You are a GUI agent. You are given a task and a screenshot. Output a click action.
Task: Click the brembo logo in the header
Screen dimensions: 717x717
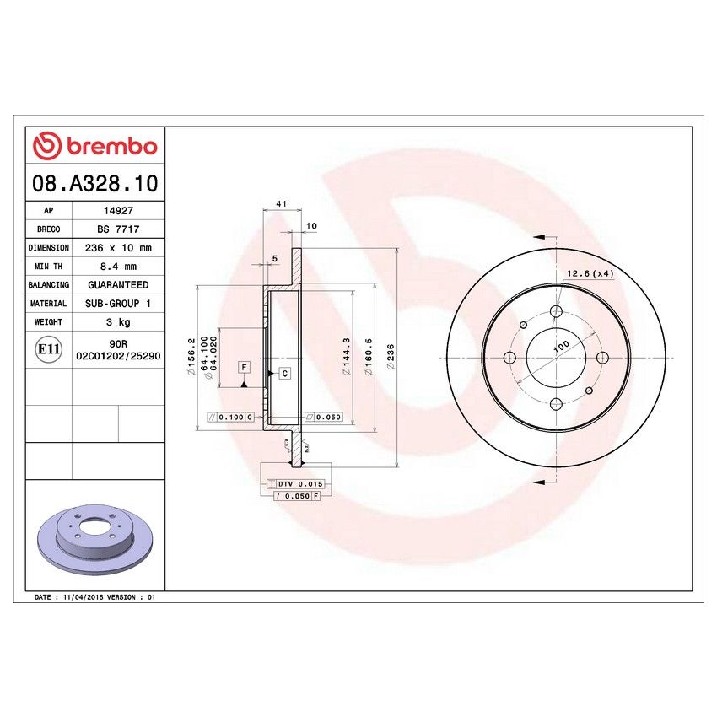pos(94,147)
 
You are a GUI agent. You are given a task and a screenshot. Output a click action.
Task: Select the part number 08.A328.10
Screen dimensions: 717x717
pos(94,182)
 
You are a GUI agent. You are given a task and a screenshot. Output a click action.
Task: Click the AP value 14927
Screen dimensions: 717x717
pos(117,213)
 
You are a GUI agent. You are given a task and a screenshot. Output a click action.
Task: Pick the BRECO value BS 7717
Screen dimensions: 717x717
pos(117,230)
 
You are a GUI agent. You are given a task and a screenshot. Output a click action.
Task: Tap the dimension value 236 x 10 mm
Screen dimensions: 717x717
pos(117,249)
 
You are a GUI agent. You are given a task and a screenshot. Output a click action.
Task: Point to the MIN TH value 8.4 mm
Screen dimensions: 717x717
pos(117,267)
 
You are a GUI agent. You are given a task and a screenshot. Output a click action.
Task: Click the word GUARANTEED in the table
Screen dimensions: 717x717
pos(117,285)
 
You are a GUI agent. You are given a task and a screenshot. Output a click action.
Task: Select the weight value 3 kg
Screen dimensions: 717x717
pos(117,321)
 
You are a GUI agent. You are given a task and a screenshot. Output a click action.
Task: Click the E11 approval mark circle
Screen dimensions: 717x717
pos(48,349)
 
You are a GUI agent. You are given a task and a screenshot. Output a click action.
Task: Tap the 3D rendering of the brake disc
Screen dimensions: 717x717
pos(94,541)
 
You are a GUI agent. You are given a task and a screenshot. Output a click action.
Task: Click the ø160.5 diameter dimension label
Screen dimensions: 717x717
pos(368,357)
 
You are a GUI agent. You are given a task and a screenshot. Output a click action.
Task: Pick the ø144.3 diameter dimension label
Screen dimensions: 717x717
pos(347,355)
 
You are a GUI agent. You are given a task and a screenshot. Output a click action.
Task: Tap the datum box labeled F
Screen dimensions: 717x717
pos(244,367)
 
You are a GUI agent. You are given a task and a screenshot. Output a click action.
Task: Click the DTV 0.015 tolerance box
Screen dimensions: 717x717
pos(295,483)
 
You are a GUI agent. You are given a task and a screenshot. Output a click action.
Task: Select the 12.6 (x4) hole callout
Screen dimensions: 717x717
pos(588,274)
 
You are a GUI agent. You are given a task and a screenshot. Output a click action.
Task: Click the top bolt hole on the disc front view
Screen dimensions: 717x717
pos(556,312)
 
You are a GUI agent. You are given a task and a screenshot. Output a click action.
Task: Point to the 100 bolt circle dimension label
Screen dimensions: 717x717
pos(561,346)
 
